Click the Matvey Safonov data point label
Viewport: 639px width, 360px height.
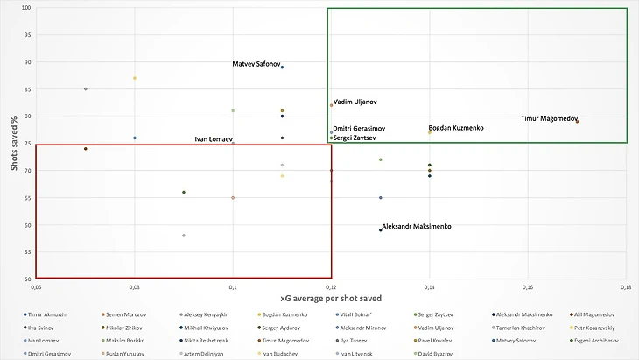point(256,64)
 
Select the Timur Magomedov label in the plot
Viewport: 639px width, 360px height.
point(548,118)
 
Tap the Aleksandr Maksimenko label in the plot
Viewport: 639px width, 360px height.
point(417,227)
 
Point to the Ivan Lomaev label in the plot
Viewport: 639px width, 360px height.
point(213,139)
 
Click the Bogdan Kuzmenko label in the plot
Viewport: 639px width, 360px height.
point(455,128)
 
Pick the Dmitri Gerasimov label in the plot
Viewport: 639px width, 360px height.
point(360,129)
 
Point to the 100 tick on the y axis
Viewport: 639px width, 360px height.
point(25,8)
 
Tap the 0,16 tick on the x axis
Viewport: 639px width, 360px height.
point(527,286)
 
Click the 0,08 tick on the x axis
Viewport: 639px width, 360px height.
point(134,286)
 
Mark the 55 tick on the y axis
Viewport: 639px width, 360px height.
point(27,252)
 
